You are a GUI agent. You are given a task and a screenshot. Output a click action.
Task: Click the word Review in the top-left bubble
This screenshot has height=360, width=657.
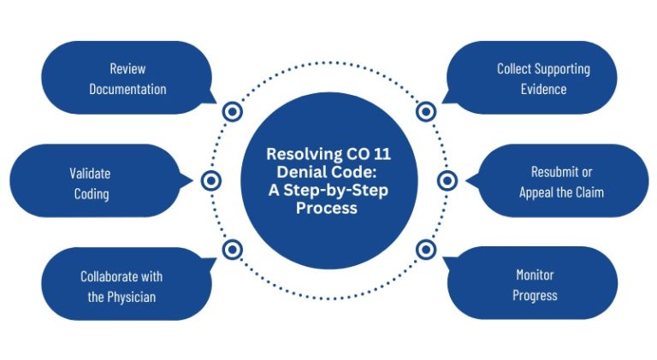pos(127,68)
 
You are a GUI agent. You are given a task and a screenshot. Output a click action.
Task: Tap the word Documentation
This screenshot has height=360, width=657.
pos(127,89)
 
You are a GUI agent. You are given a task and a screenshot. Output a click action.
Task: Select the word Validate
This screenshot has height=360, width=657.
pos(90,174)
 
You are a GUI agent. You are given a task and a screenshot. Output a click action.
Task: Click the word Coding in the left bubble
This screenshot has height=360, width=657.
pos(91,194)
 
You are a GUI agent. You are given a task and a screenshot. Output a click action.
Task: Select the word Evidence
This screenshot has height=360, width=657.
pos(543,89)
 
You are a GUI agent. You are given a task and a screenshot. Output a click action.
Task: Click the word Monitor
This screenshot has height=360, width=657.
pos(535,275)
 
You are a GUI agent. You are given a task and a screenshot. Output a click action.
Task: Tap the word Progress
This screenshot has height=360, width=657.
pos(535,296)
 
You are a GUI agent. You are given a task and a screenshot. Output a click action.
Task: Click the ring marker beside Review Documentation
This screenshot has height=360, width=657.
pos(232,111)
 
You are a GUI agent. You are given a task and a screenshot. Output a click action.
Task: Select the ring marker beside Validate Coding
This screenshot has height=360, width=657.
pos(211,180)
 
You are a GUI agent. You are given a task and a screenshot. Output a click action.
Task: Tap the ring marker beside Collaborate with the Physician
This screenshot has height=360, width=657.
pos(232,250)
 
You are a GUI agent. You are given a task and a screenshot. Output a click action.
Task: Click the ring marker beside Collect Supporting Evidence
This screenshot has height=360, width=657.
pos(426,111)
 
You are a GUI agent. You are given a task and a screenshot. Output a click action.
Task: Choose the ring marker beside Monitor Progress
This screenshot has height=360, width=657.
pos(426,250)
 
